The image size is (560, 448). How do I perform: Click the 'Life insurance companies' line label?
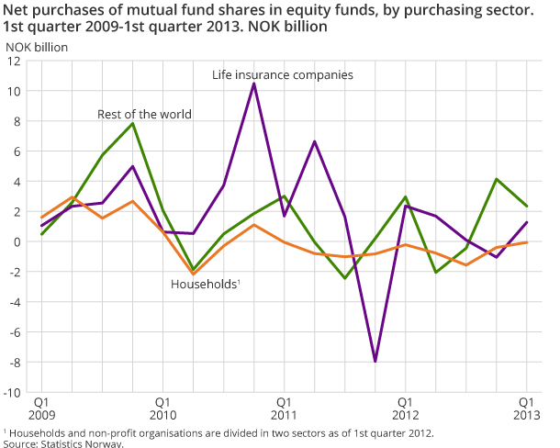tap(283, 74)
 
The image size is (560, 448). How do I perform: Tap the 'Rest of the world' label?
tap(145, 115)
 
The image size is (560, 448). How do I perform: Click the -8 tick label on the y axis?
tap(16, 363)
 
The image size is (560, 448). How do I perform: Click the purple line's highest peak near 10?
tap(253, 84)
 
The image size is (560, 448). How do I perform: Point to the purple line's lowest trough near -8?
tap(375, 362)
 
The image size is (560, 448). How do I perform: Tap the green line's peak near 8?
tap(133, 123)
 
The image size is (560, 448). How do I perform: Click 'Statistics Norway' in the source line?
tap(82, 443)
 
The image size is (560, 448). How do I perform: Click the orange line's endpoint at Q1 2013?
tap(526, 242)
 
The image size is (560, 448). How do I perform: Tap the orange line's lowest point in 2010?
tap(194, 274)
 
